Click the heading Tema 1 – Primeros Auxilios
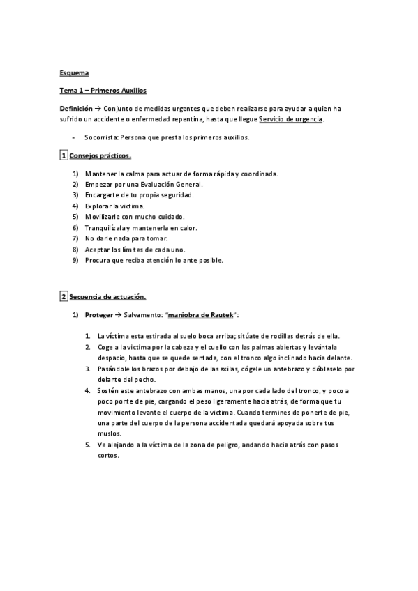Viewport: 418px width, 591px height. (103, 91)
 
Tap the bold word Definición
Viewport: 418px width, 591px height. (75, 109)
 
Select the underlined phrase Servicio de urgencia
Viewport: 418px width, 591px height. (290, 119)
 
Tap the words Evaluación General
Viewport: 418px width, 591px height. (167, 184)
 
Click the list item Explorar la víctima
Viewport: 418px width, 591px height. (114, 206)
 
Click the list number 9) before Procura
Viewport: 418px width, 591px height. (76, 260)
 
